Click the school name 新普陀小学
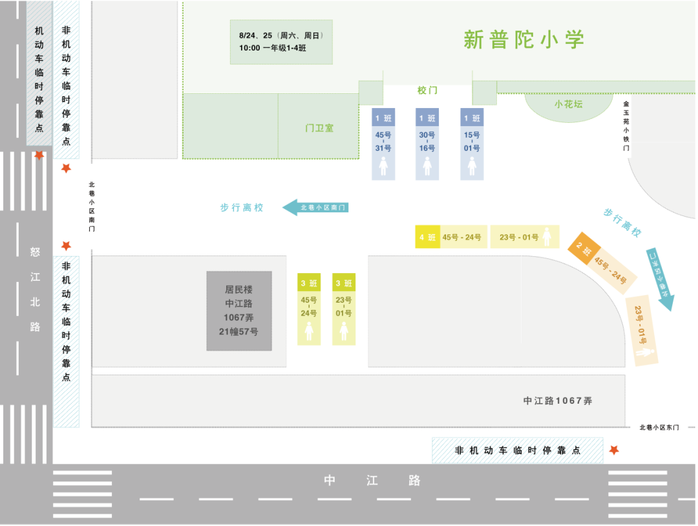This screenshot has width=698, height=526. click(523, 39)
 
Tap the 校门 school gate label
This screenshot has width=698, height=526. click(427, 90)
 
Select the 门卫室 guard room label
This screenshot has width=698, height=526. click(319, 128)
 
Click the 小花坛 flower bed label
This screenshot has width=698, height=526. click(568, 104)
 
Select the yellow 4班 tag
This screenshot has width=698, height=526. click(427, 237)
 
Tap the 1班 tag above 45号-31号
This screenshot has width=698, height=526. click(383, 118)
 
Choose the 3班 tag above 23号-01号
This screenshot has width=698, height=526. click(344, 283)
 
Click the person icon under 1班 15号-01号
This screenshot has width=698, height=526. click(472, 166)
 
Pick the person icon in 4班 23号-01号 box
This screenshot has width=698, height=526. click(548, 237)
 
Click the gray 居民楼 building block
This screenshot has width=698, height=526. click(239, 311)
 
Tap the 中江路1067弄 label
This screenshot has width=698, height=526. click(558, 400)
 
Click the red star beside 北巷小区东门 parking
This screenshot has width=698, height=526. click(614, 450)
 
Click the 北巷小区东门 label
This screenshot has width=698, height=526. click(659, 427)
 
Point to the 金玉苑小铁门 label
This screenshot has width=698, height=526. click(626, 126)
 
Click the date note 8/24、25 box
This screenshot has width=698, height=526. click(281, 42)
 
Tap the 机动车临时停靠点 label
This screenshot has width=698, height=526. click(39, 79)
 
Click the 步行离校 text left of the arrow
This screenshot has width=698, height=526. click(242, 208)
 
